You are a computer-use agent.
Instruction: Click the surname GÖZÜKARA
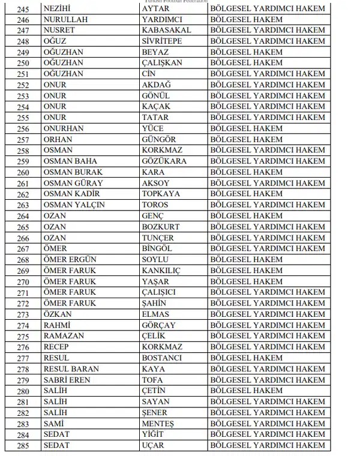[x=164, y=161]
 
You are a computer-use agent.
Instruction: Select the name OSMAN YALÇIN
[x=74, y=205]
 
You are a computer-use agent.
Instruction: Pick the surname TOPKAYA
[x=161, y=194]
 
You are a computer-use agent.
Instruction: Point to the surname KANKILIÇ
[x=162, y=271]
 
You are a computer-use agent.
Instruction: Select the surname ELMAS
[x=155, y=314]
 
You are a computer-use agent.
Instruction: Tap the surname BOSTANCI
[x=161, y=358]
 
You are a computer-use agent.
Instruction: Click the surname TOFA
[x=152, y=380]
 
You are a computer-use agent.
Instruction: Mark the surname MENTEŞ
[x=158, y=424]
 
